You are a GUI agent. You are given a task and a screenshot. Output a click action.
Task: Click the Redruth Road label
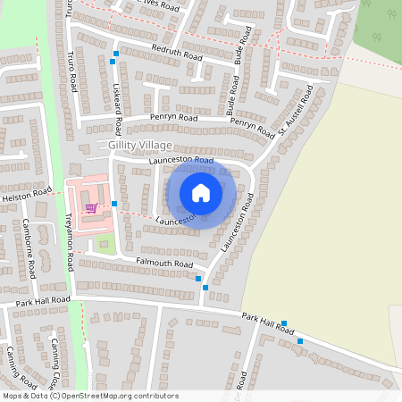coord(177,53)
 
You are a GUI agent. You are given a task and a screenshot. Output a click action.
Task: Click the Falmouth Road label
coord(163,264)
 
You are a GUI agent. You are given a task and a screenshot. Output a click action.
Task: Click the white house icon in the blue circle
coord(201,193)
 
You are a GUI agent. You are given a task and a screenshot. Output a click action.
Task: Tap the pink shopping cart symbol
coord(90,208)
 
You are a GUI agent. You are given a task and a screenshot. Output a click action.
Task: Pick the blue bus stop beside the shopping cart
coord(114,205)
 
